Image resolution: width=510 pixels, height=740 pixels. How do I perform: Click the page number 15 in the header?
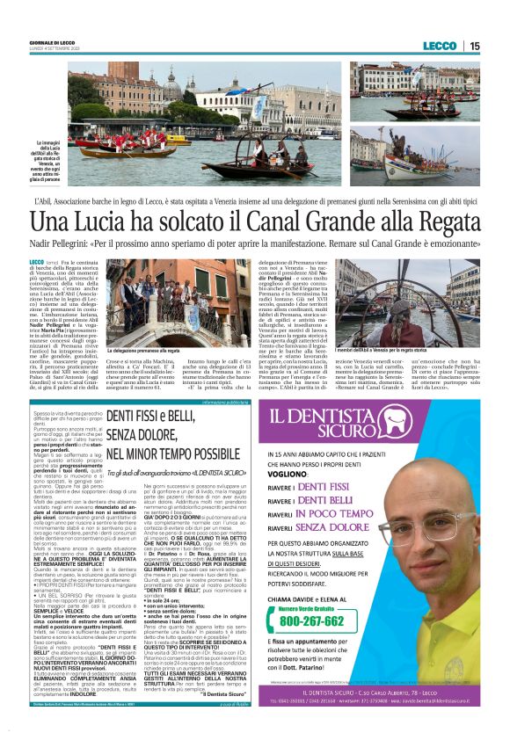click(475, 46)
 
